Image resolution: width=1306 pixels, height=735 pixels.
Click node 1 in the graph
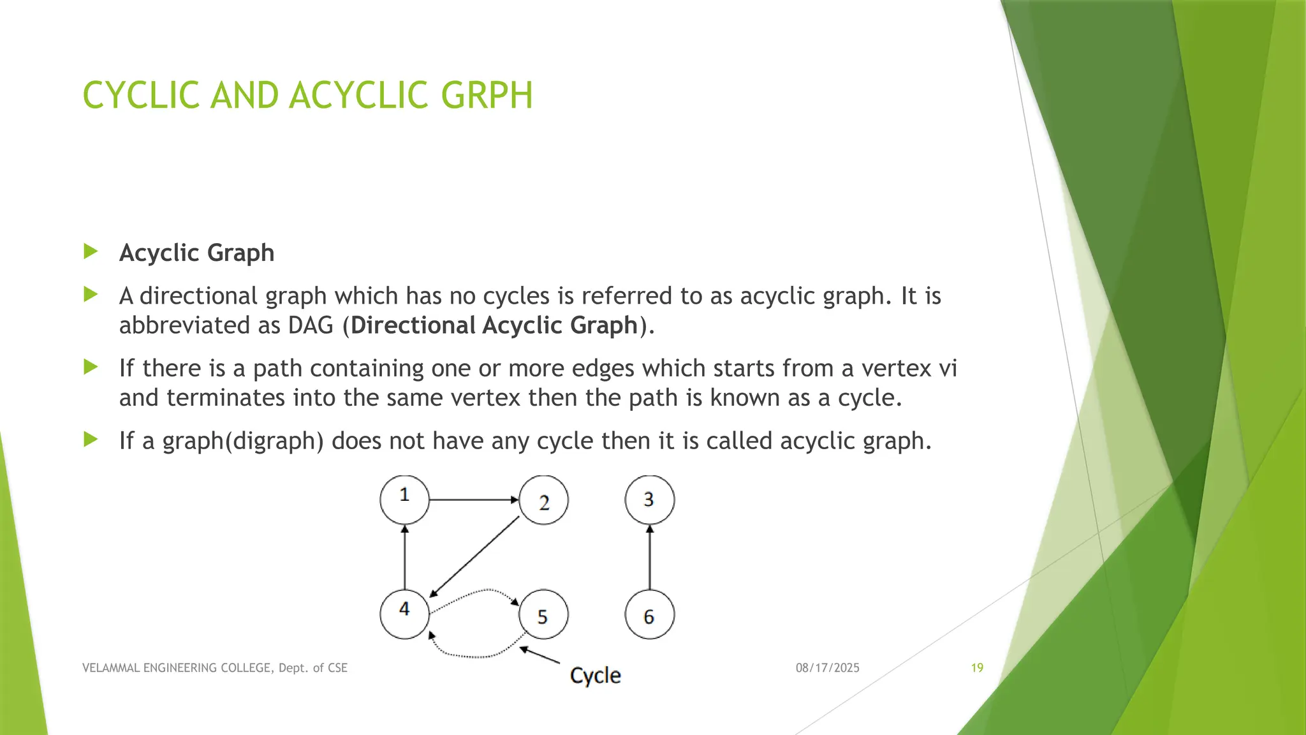click(x=404, y=500)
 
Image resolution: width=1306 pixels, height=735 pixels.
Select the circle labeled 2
click(x=543, y=500)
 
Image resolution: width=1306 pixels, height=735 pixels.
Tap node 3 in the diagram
click(x=649, y=500)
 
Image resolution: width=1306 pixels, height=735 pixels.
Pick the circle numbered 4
click(x=404, y=614)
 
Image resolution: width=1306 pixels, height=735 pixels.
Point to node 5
click(x=543, y=615)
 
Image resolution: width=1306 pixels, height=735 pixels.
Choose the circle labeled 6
click(x=649, y=615)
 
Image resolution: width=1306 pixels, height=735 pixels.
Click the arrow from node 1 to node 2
click(x=474, y=500)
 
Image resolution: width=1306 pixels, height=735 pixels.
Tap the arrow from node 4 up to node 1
click(x=404, y=557)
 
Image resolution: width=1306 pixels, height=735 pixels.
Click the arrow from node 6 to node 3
click(x=649, y=557)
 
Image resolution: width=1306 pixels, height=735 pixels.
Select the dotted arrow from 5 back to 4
click(x=475, y=655)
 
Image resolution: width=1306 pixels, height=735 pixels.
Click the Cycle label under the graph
click(x=595, y=675)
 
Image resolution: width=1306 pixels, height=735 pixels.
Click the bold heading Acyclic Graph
click(x=196, y=253)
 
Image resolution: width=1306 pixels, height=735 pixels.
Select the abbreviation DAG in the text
click(x=311, y=325)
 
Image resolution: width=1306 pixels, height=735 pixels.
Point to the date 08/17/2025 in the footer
click(x=827, y=668)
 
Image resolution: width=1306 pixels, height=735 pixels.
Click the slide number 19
click(x=977, y=668)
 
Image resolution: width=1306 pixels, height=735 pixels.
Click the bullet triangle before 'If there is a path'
click(x=91, y=367)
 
